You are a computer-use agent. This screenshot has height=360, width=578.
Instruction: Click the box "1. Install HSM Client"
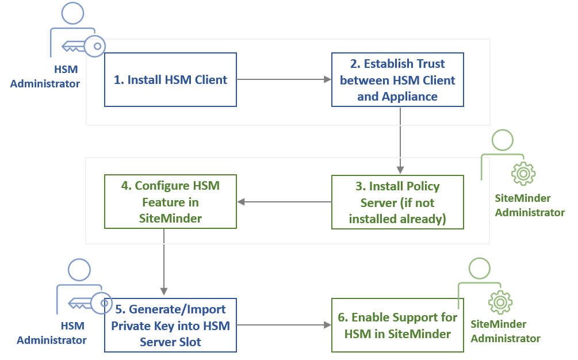pos(170,79)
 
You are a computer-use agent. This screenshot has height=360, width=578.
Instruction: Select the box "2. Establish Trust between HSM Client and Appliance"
pos(397,79)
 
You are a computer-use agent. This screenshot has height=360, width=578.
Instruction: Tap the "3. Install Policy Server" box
pos(397,202)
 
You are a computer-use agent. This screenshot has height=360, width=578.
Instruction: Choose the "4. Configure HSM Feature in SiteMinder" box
pos(170,201)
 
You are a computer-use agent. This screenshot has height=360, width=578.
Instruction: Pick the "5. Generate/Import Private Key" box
pos(170,325)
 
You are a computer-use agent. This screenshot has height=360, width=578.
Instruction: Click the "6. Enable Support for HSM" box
pos(397,325)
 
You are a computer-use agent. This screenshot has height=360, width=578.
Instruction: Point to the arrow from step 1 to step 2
pos(284,79)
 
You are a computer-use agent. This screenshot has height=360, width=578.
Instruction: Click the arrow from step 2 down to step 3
pos(400,140)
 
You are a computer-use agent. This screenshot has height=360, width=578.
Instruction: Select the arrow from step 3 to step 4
pos(284,202)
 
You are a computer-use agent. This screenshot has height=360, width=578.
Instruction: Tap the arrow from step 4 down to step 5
pos(164,262)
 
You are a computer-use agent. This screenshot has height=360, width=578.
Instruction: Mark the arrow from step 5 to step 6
pos(284,325)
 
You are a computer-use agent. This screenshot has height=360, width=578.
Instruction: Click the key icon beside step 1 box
pos(84,47)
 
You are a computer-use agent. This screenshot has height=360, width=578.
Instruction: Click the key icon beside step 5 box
pos(90,303)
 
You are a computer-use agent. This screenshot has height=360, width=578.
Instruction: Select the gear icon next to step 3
pos(523,173)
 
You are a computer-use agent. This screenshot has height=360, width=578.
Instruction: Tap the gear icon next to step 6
pos(500,302)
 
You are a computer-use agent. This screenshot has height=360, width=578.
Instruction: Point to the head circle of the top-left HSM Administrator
pos(72,13)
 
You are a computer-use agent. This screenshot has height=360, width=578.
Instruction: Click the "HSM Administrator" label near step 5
pos(52,333)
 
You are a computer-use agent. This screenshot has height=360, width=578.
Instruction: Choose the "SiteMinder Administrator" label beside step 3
pos(530,205)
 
